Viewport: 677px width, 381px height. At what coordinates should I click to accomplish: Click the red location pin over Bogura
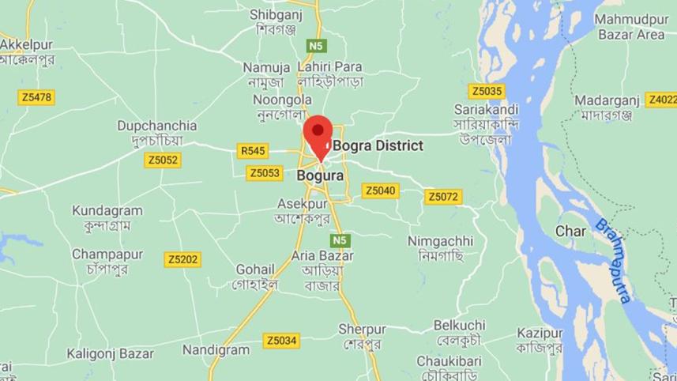318,131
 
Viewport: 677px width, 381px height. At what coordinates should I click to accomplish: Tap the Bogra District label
378,145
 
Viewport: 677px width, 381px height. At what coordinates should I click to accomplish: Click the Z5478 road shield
36,97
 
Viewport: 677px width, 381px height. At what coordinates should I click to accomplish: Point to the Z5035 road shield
485,91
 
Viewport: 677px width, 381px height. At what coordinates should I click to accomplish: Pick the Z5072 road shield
442,196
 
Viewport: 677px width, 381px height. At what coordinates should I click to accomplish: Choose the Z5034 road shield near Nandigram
281,341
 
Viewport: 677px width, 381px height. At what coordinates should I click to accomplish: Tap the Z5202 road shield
183,258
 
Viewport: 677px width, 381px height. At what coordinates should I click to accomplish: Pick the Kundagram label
107,210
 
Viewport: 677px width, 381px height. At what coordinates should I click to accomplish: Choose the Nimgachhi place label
440,240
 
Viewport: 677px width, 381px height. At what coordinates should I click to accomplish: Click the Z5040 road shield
380,190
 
